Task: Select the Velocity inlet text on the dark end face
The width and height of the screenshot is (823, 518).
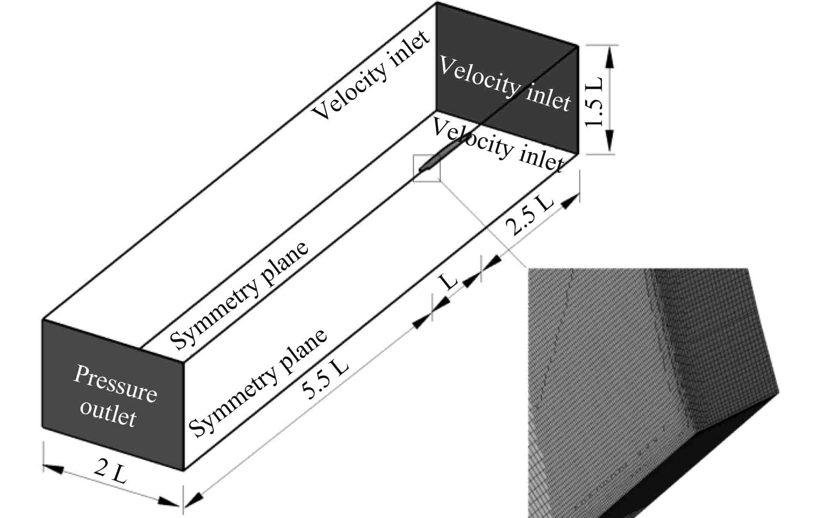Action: (504, 84)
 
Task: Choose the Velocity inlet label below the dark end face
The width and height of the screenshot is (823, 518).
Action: (498, 145)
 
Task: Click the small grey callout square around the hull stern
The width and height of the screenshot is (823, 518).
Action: (427, 168)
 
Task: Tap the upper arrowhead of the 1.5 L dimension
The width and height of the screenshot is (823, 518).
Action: (609, 57)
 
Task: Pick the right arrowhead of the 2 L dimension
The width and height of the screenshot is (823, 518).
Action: (168, 501)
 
